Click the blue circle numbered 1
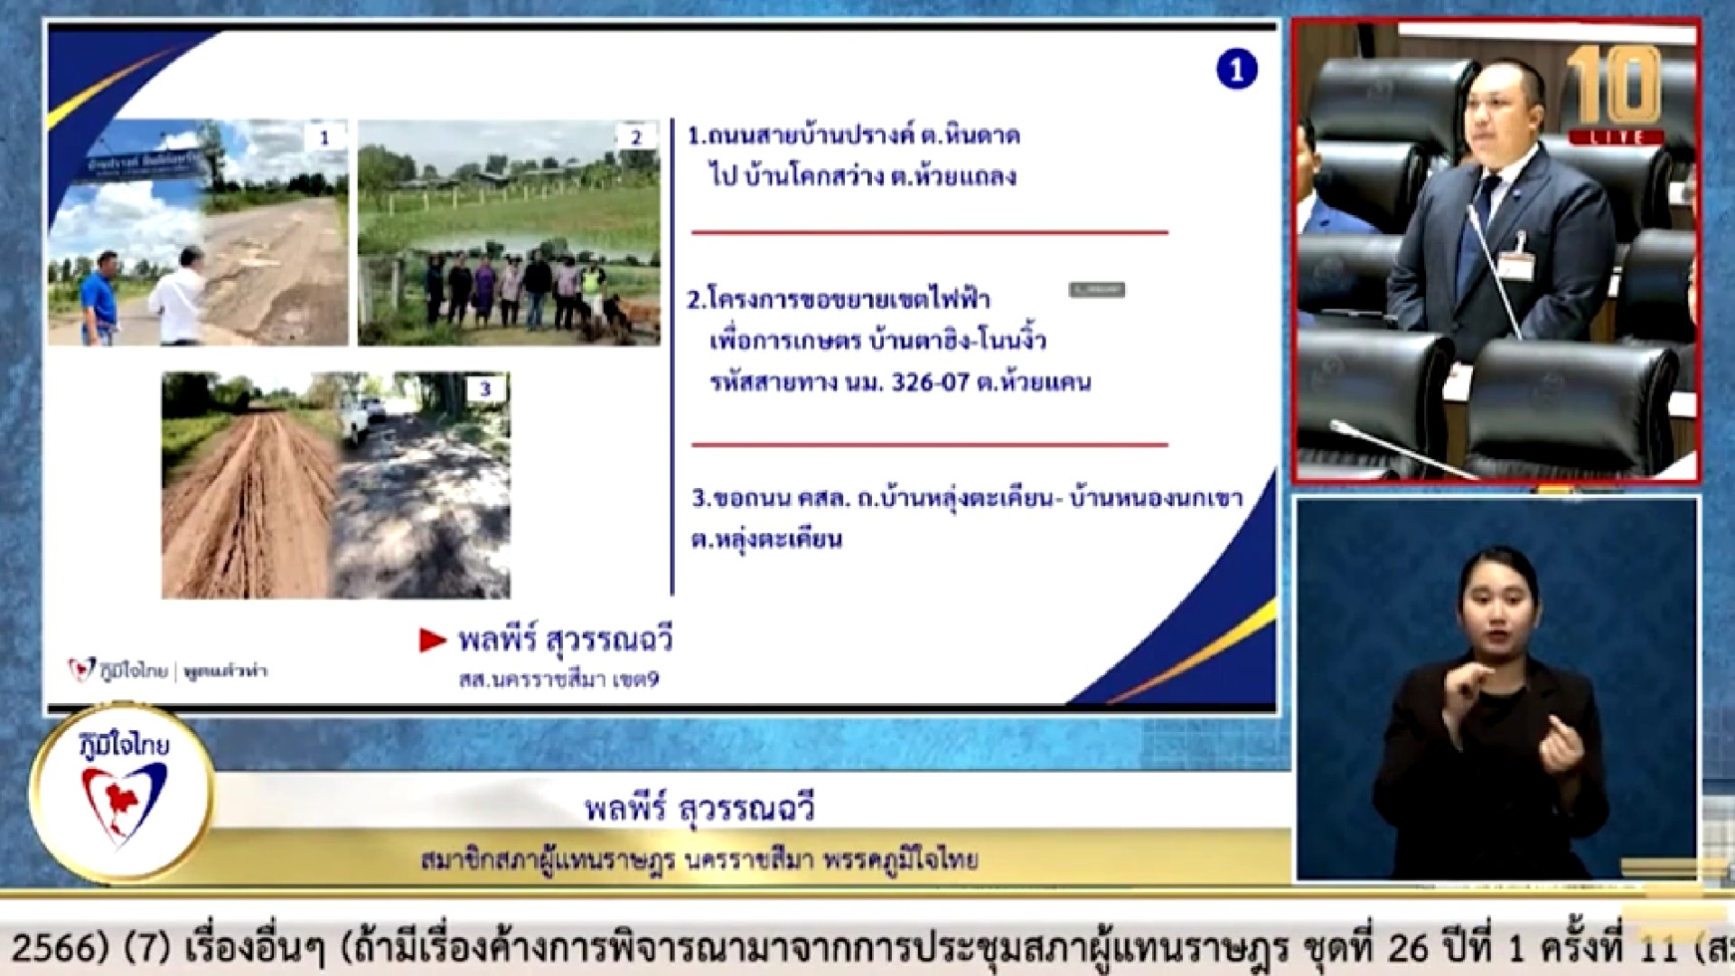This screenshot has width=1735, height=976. pyautogui.click(x=1236, y=70)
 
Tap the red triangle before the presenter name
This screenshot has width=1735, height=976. pyautogui.click(x=432, y=640)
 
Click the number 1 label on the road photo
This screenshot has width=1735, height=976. pyautogui.click(x=324, y=137)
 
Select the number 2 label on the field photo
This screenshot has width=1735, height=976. pyautogui.click(x=636, y=137)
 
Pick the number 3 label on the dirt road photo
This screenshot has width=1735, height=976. pyautogui.click(x=485, y=389)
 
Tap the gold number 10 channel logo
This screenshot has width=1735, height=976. pyautogui.click(x=1614, y=86)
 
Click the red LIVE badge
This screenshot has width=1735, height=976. pyautogui.click(x=1617, y=137)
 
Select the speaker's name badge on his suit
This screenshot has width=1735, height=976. pyautogui.click(x=1517, y=264)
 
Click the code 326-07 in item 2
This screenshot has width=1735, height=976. pyautogui.click(x=930, y=382)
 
